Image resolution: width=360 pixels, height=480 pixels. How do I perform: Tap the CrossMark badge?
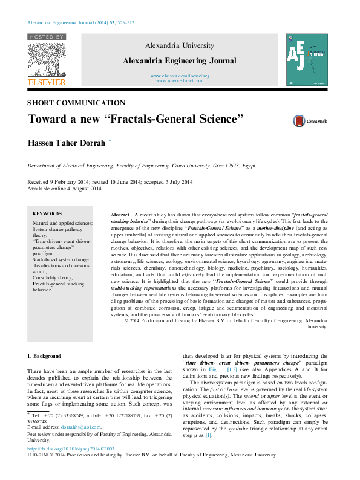[310, 122]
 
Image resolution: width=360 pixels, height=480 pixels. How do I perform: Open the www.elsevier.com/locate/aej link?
[180, 75]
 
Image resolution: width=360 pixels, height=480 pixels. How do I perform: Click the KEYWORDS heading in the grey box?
[47, 213]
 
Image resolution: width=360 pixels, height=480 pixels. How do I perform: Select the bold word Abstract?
[120, 215]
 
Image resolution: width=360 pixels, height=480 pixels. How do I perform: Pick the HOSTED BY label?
[46, 37]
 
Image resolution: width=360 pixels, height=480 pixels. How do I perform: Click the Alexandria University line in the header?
[180, 46]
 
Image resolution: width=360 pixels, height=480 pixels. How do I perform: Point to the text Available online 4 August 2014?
[65, 189]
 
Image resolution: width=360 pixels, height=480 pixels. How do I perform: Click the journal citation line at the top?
[80, 22]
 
